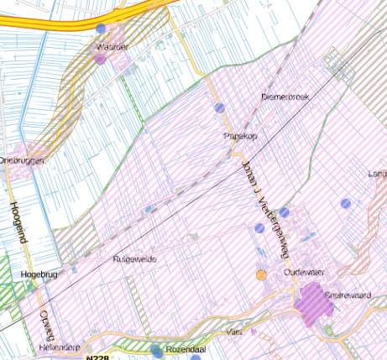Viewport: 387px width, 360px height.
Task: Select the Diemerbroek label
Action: point(285,97)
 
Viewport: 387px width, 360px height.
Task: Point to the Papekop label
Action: point(238,135)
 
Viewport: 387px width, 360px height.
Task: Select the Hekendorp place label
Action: point(58,347)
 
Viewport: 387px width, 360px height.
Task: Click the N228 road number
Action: point(98,357)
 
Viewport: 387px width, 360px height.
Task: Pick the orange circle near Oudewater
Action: point(261,274)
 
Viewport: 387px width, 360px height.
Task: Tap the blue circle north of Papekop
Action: point(219,107)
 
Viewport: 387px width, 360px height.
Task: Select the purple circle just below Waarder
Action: point(101,60)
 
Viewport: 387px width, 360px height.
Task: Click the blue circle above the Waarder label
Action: point(101,28)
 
